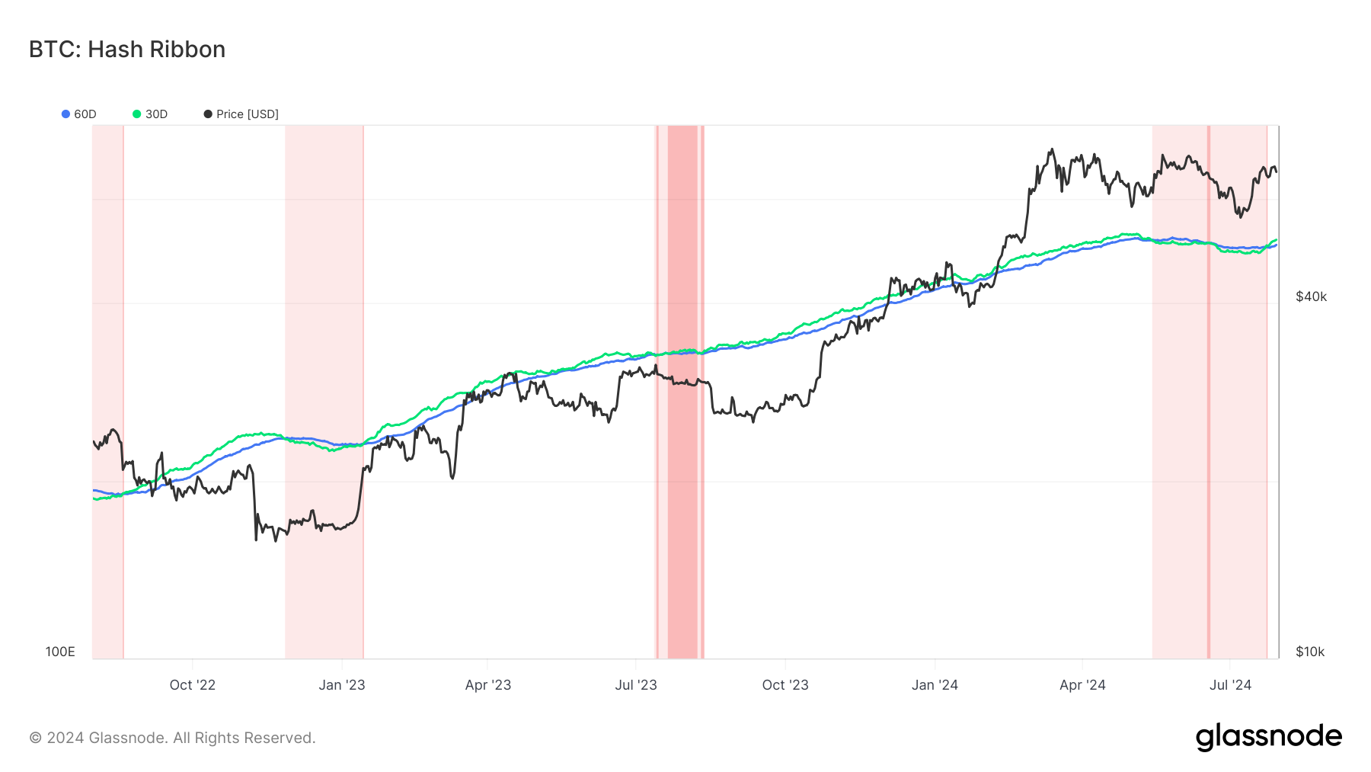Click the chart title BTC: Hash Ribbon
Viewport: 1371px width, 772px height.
(x=127, y=50)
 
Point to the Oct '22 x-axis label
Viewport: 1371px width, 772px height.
(x=192, y=685)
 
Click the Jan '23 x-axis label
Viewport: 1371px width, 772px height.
(x=341, y=685)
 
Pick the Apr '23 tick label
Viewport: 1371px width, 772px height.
(x=487, y=685)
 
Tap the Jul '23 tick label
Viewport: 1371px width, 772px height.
(x=635, y=685)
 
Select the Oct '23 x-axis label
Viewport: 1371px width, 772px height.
(x=785, y=685)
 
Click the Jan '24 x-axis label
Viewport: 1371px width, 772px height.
(x=935, y=685)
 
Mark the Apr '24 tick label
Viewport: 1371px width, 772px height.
(x=1082, y=685)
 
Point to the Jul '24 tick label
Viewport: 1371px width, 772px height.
(x=1230, y=685)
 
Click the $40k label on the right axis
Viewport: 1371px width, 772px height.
(x=1311, y=296)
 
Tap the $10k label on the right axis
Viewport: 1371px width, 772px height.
(x=1310, y=652)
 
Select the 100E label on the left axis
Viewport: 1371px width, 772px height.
(x=60, y=652)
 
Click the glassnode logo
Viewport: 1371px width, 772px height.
(x=1268, y=737)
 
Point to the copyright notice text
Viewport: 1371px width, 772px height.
(x=172, y=738)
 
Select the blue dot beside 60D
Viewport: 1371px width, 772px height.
(x=66, y=114)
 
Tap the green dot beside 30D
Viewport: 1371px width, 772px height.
(x=137, y=114)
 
